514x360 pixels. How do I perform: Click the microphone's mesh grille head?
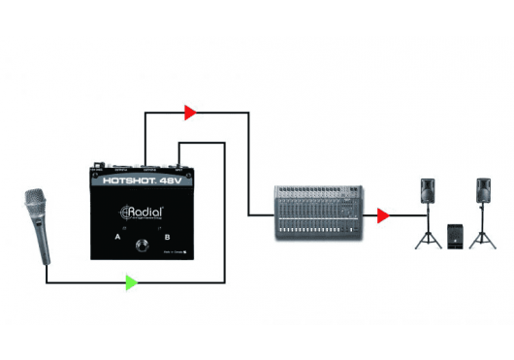coord(32,207)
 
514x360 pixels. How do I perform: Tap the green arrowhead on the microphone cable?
coord(131,282)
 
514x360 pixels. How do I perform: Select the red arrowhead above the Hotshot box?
coord(190,113)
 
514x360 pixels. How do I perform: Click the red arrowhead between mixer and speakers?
coord(384,214)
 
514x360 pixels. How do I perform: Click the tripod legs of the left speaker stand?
coord(429,237)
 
